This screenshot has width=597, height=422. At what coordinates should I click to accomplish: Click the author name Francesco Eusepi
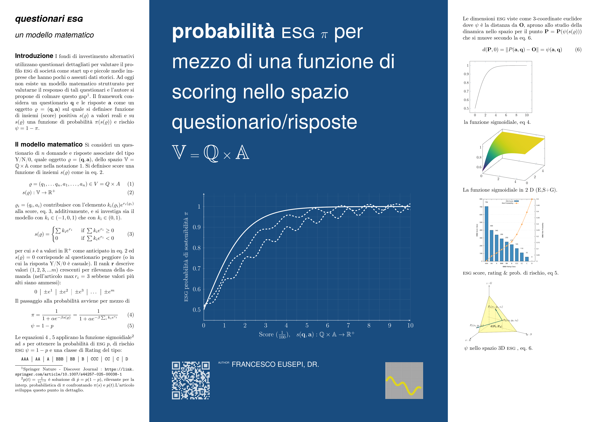[x=275, y=364]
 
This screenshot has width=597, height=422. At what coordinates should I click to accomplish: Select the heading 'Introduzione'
[x=34, y=56]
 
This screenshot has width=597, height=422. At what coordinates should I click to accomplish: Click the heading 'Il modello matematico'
[x=49, y=145]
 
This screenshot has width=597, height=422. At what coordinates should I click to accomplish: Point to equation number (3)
[x=130, y=234]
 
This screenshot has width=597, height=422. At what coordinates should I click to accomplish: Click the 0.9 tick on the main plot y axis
[x=197, y=227]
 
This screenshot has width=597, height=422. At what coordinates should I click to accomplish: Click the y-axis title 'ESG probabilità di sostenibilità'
[x=186, y=257]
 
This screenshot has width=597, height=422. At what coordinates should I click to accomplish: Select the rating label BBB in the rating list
[x=59, y=359]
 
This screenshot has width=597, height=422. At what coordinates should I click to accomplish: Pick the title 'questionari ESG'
[x=49, y=19]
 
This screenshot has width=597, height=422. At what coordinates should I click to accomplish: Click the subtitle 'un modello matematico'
[x=54, y=35]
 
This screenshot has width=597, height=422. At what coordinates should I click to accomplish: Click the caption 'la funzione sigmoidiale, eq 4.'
[x=497, y=122]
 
